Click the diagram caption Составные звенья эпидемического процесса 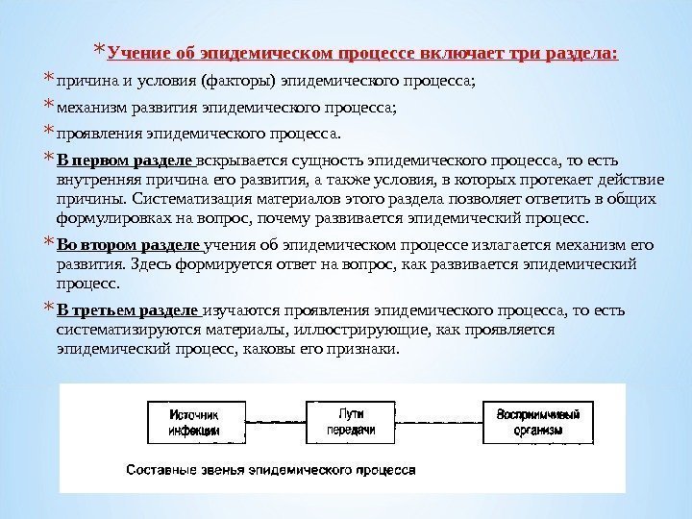(271, 471)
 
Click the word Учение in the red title (137, 50)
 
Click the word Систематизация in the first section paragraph (189, 199)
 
